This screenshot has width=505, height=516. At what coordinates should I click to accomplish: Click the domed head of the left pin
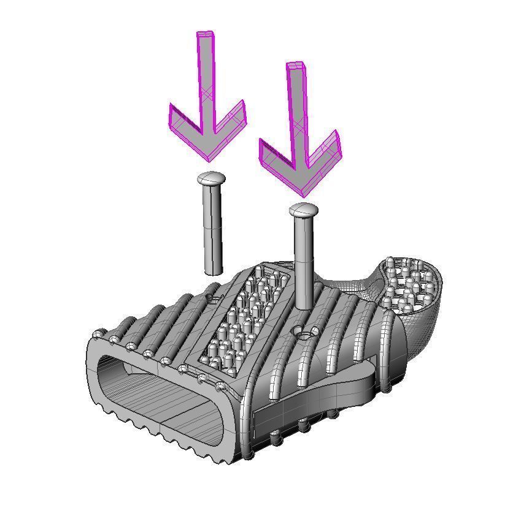(x=212, y=178)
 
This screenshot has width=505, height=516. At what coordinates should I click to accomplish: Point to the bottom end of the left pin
(x=214, y=270)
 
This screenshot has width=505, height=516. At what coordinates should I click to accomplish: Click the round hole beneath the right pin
(x=304, y=333)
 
